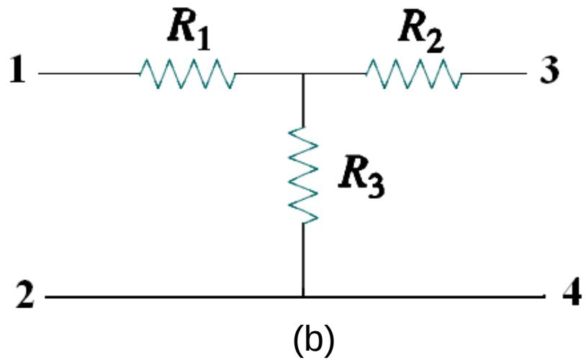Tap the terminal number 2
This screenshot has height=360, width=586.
pyautogui.click(x=21, y=296)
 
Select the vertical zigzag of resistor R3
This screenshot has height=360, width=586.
pyautogui.click(x=303, y=175)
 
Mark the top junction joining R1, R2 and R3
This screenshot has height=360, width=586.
pyautogui.click(x=303, y=73)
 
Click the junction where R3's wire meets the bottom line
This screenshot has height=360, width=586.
pyautogui.click(x=303, y=296)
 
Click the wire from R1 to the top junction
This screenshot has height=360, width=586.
pyautogui.click(x=268, y=73)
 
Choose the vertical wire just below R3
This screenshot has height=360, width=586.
pyautogui.click(x=303, y=259)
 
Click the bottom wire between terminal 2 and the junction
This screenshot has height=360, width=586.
pyautogui.click(x=173, y=296)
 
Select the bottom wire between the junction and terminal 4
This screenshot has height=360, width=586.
pyautogui.click(x=425, y=296)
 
